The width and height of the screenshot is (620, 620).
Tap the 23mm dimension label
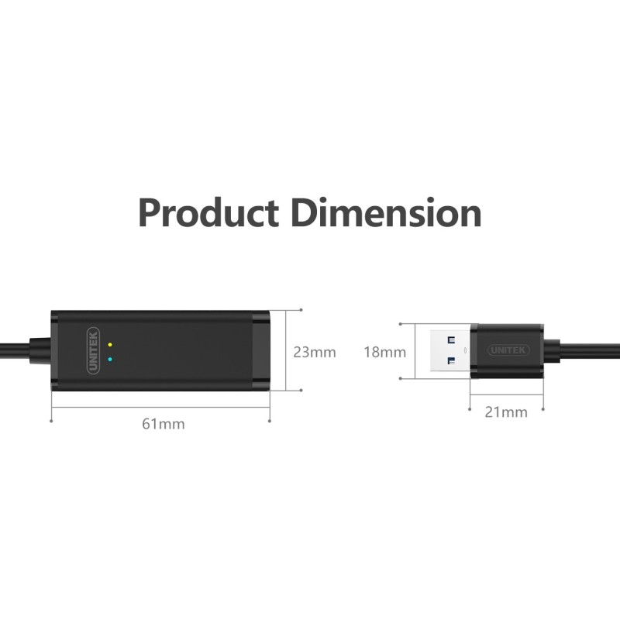click(315, 352)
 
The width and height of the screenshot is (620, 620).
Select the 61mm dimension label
click(164, 424)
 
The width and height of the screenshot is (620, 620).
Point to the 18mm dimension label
click(385, 352)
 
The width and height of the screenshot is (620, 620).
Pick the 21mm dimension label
click(506, 412)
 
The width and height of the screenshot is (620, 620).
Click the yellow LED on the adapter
click(111, 345)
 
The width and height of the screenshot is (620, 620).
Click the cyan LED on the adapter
click(111, 359)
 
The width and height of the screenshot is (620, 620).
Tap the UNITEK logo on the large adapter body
click(93, 351)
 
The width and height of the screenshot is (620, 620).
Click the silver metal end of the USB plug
click(442, 351)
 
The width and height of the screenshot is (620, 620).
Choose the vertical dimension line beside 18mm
click(414, 351)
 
